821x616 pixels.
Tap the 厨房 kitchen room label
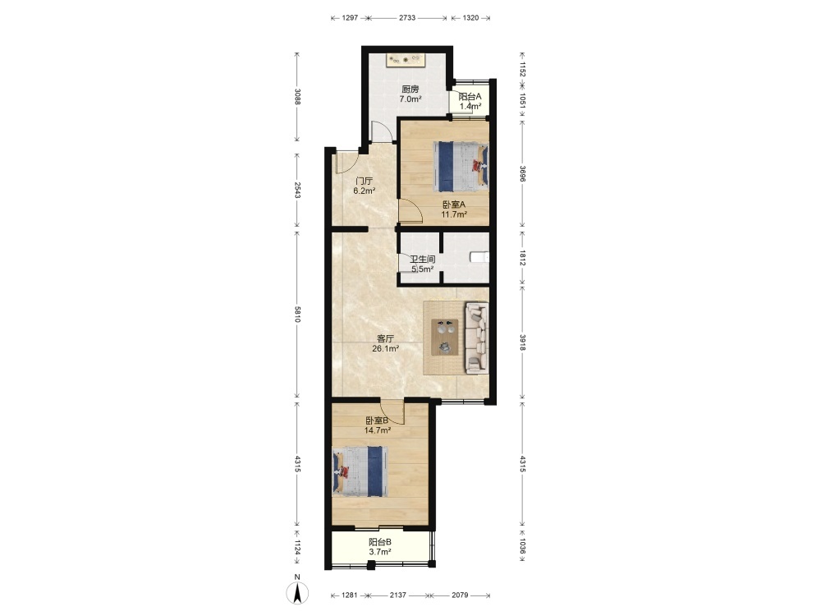coord(410,89)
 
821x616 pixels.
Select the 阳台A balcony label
coord(470,96)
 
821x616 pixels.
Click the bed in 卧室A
coord(461,167)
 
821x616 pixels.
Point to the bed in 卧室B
coord(360,471)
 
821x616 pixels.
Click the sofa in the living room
coord(476,338)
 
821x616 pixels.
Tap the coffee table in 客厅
coord(444,338)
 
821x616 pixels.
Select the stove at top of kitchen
coord(406,60)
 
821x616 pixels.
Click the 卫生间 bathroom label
coord(423,260)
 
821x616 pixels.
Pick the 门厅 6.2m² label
coord(364,186)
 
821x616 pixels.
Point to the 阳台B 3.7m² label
coord(379,547)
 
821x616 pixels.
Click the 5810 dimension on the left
coord(297,315)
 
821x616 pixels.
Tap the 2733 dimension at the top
coord(407,18)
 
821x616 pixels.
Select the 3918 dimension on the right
coord(522,342)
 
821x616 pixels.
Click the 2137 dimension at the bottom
coord(398,595)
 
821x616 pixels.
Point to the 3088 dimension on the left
coord(297,96)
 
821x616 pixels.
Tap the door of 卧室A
coord(410,212)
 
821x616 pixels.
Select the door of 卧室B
coord(392,412)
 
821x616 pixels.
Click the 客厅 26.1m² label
coord(385,343)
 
